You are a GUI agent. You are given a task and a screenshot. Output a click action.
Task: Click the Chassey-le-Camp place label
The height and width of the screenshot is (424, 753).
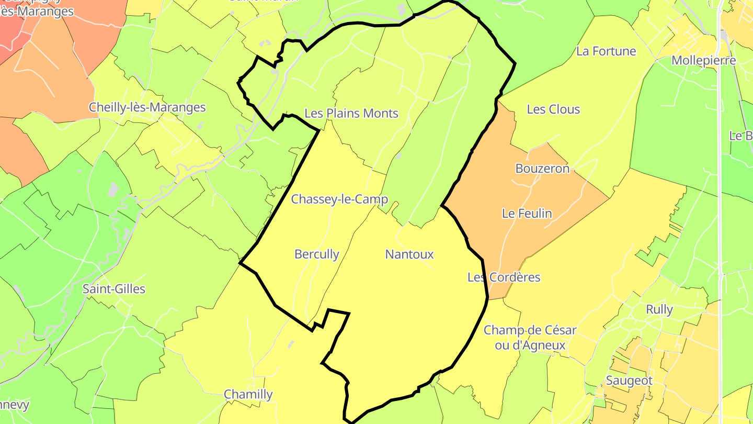pos(339,199)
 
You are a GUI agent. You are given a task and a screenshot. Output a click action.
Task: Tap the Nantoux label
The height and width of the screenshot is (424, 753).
pos(409,254)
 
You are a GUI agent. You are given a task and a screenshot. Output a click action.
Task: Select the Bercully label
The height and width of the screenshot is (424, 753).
pos(317,254)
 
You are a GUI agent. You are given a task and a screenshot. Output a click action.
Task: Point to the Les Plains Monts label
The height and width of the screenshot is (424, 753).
pos(351,113)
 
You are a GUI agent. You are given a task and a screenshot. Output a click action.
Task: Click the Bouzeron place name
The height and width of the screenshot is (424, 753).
pos(542,169)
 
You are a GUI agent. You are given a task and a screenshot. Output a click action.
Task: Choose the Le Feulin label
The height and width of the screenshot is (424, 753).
pos(527,214)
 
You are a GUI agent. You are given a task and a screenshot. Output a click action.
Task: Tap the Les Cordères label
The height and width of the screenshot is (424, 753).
pos(504,277)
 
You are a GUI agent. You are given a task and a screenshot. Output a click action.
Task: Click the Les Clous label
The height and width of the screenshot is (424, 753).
pos(553,109)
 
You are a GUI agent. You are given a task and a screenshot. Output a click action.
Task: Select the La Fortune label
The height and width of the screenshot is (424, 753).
pos(606,51)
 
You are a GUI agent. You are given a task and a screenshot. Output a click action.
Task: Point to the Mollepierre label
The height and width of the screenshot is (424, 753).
pos(703,60)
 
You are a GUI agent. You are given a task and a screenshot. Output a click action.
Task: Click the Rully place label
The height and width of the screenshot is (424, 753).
pos(659,309)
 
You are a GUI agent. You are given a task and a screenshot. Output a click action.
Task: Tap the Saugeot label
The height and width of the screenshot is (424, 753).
pos(629,381)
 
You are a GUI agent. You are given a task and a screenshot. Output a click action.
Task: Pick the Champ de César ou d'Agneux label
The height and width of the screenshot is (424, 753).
pos(530,338)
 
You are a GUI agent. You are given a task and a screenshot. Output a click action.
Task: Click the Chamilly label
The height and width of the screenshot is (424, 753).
pos(248,394)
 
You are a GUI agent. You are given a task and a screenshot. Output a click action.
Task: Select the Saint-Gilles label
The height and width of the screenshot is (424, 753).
pos(114,289)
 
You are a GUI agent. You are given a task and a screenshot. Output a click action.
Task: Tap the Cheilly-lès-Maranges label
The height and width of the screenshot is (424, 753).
pos(147,107)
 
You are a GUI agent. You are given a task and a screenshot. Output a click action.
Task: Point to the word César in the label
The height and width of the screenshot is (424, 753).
pos(558,330)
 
